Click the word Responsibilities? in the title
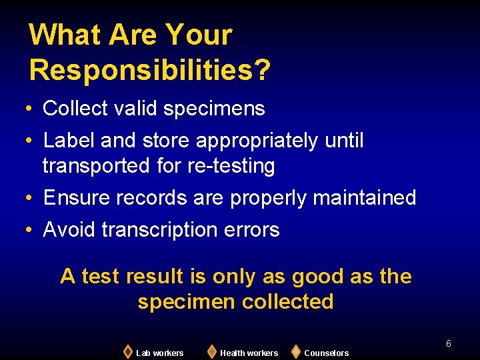tap(150, 69)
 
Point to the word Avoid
tap(69, 230)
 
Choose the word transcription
tap(157, 230)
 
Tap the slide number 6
tap(449, 343)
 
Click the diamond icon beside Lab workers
tap(127, 351)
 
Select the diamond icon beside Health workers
tap(211, 351)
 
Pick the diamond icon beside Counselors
tap(295, 351)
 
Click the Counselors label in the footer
tap(326, 353)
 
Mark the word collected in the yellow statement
tap(288, 301)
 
